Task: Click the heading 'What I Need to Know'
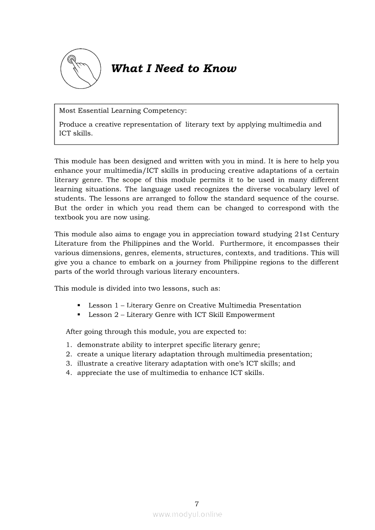coord(173,69)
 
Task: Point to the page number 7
coord(196,504)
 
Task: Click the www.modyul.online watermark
coord(187,515)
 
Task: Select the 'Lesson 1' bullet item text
coord(194,306)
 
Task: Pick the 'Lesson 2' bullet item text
coord(181,315)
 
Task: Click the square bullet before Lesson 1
coord(79,306)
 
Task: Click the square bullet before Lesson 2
coord(79,315)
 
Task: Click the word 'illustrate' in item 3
coord(92,363)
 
